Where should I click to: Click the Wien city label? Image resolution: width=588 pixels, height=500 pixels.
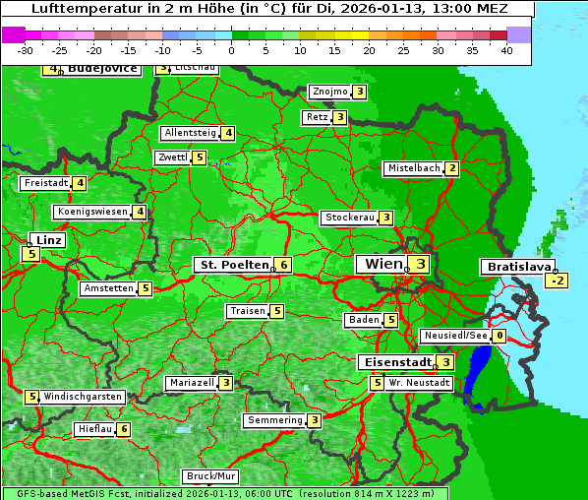click(383, 264)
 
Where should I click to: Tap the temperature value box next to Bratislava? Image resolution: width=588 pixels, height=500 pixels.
click(558, 281)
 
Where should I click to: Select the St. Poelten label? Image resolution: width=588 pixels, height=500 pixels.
click(232, 265)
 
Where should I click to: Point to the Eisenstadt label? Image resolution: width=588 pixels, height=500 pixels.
click(394, 362)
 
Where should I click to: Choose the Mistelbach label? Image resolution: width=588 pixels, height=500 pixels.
click(413, 168)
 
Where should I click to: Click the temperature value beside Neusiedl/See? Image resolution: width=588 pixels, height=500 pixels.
click(500, 336)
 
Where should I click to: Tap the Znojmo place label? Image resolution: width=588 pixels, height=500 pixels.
click(329, 92)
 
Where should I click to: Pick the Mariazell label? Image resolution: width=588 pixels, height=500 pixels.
click(192, 382)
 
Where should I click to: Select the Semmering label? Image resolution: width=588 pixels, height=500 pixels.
click(274, 420)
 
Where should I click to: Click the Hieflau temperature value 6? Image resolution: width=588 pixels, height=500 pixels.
click(124, 429)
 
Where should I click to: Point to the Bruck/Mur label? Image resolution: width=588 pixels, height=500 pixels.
click(210, 476)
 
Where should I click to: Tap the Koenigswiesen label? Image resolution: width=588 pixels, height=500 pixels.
click(92, 212)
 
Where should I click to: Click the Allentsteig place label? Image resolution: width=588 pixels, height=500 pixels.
click(190, 133)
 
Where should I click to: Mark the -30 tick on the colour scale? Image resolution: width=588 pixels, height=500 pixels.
click(26, 50)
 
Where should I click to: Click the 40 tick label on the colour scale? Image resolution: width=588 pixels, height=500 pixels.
click(506, 50)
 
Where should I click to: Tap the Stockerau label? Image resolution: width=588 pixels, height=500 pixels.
click(349, 218)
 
